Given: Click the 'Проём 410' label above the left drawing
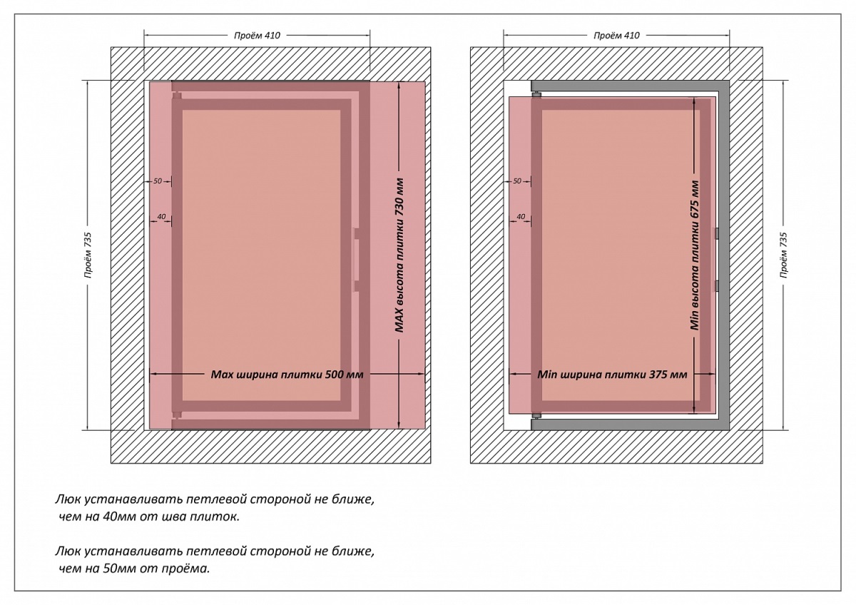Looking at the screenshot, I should [x=257, y=35].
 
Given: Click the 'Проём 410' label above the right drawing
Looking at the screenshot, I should [x=616, y=35].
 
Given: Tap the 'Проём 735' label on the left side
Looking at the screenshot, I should [x=88, y=255].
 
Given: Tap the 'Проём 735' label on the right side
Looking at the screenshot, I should [x=784, y=255].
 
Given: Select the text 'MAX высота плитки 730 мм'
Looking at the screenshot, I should [x=400, y=255].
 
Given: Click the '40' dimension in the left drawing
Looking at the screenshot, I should [x=161, y=216].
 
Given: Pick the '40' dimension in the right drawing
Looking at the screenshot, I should [x=521, y=216].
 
